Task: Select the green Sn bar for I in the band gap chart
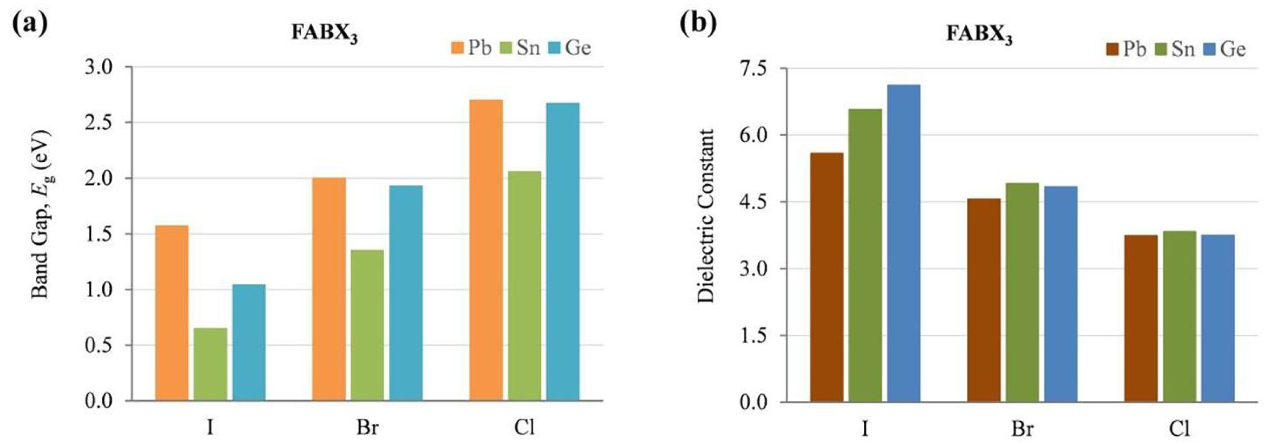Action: coord(211,364)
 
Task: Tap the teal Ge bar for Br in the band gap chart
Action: coord(406,293)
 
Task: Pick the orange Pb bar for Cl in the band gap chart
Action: coord(486,250)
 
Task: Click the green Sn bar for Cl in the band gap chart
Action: coord(525,285)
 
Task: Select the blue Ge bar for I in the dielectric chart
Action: coord(904,244)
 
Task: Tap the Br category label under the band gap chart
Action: coord(367,427)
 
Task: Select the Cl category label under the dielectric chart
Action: coord(1179,428)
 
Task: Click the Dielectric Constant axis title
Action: coord(706,216)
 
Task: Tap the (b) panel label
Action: coord(698,24)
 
